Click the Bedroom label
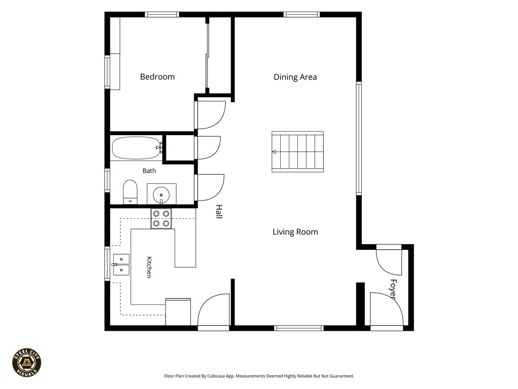(x=157, y=77)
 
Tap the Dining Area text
(x=295, y=77)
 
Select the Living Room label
(x=295, y=232)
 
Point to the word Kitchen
(x=149, y=267)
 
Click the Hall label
(x=219, y=212)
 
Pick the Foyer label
(x=393, y=289)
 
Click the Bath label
(x=149, y=171)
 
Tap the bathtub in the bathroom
(x=137, y=148)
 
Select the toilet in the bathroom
(x=130, y=192)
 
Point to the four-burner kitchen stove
(x=161, y=219)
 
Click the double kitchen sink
(x=121, y=264)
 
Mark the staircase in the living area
(x=297, y=152)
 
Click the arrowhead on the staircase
(x=274, y=152)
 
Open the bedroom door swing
(x=210, y=115)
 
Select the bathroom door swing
(x=209, y=187)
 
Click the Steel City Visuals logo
(x=27, y=363)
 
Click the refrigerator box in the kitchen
(x=178, y=312)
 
